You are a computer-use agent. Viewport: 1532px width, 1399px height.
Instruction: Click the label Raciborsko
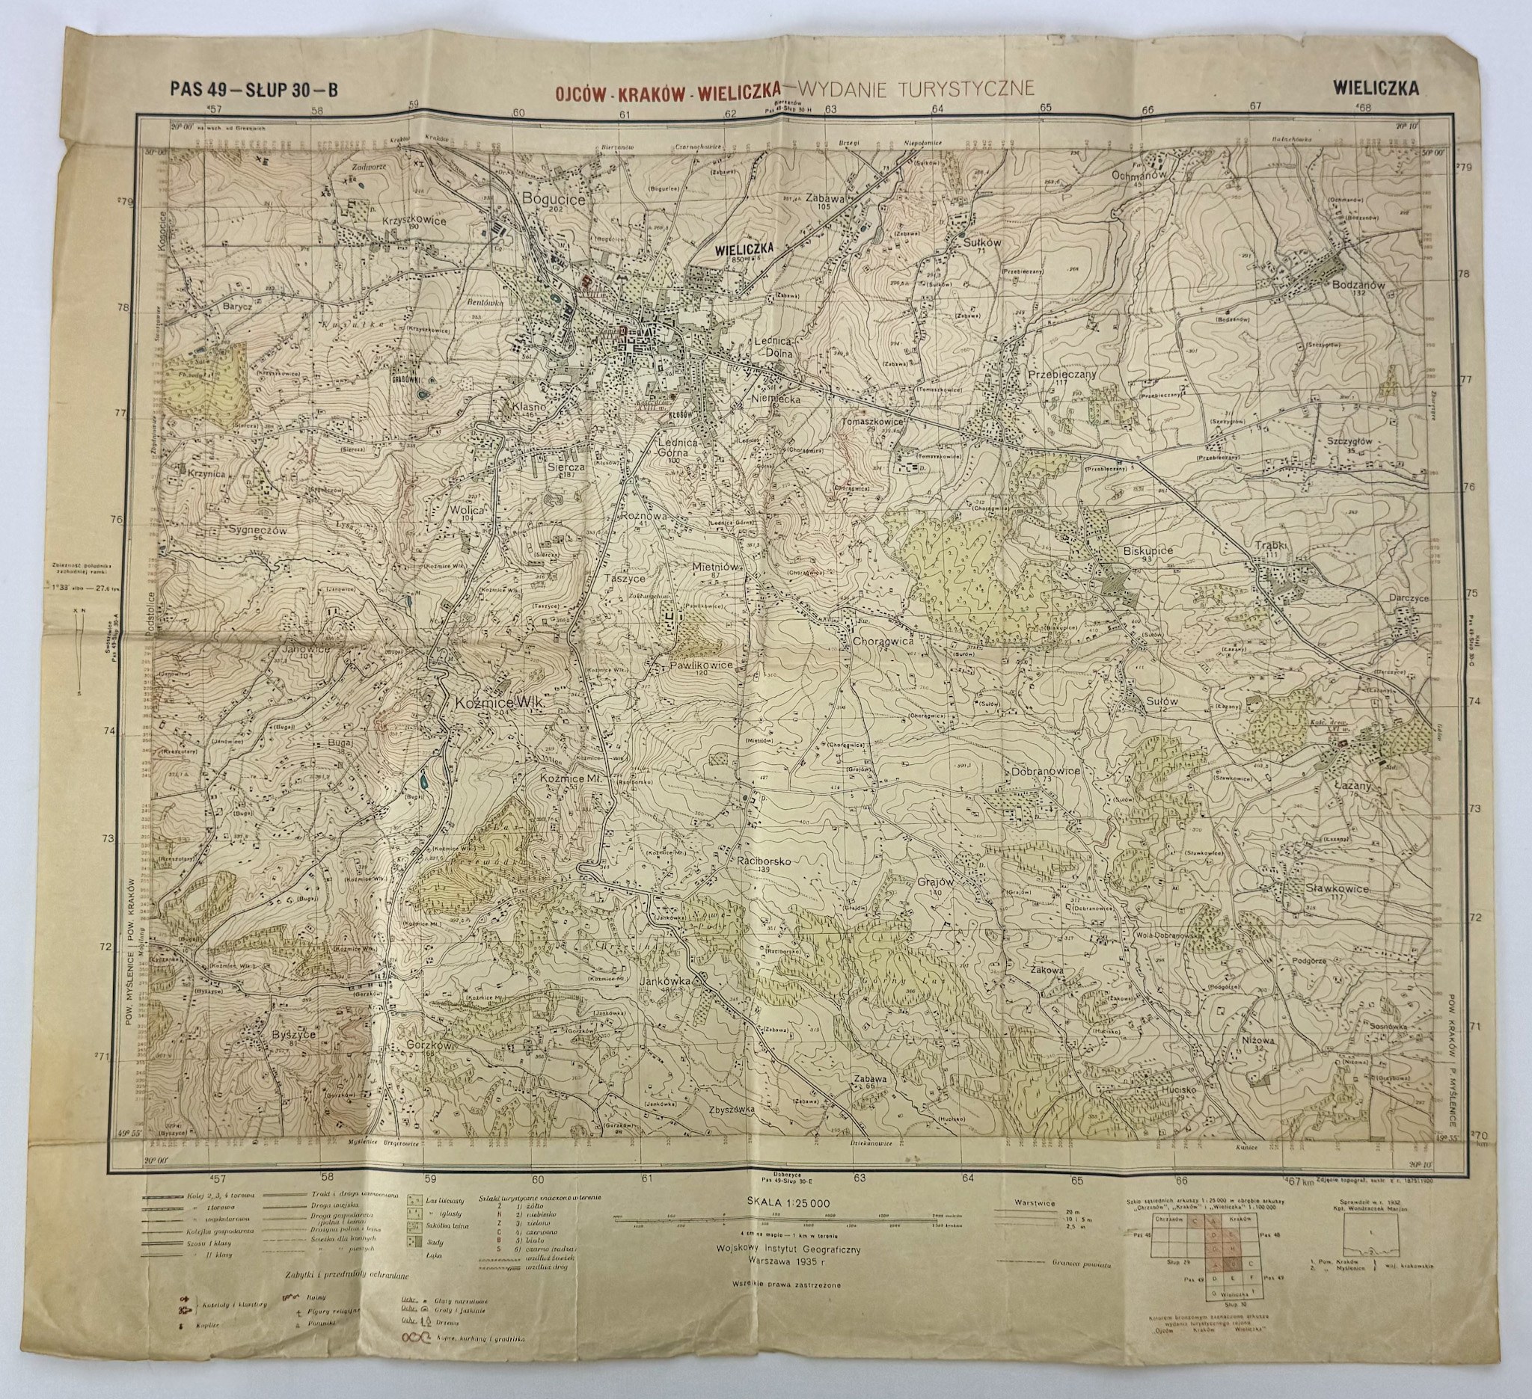tap(765, 861)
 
